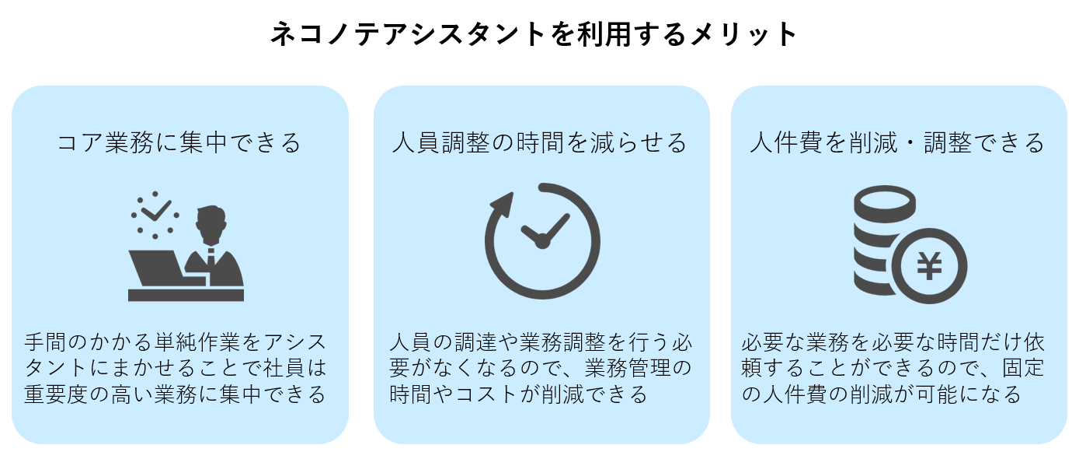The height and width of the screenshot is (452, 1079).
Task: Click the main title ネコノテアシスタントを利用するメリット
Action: [x=534, y=35]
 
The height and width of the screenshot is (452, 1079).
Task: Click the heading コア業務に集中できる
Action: [x=179, y=142]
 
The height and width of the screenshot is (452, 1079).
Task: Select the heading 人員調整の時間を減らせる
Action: [x=541, y=142]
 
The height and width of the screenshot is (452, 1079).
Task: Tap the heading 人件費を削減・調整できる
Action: [x=898, y=142]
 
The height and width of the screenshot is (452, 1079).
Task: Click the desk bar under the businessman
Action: [x=186, y=295]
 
